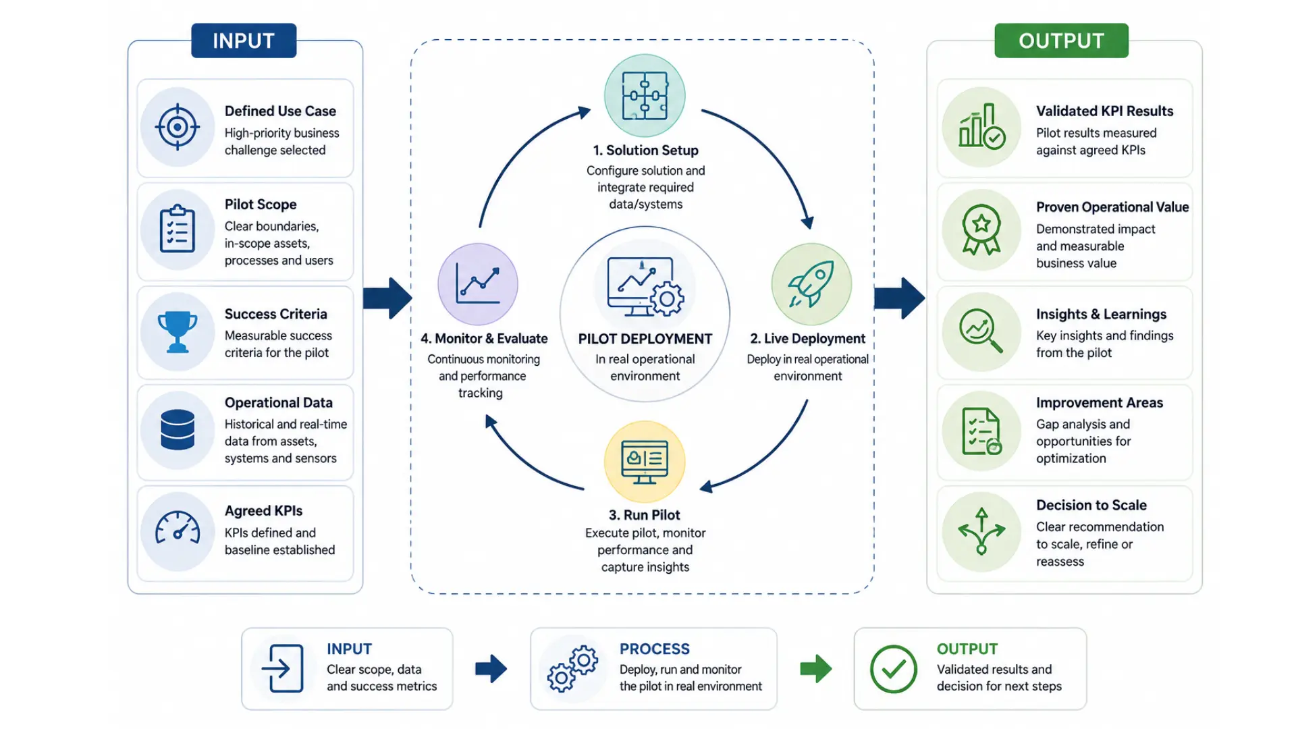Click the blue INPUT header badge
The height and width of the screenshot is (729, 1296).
[x=244, y=40]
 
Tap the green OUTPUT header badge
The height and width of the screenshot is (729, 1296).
[x=1061, y=40]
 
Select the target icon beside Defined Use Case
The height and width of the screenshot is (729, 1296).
[x=178, y=127]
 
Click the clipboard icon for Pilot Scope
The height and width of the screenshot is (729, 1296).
[x=178, y=229]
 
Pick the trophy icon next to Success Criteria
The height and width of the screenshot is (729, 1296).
[x=178, y=332]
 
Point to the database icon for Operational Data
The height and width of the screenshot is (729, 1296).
[x=178, y=430]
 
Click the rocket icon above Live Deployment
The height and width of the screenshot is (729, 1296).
[x=811, y=284]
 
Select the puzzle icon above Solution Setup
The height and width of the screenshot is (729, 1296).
[x=645, y=96]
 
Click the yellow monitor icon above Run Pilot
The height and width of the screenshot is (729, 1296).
[x=645, y=462]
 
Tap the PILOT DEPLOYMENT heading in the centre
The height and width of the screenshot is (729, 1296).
[x=645, y=339]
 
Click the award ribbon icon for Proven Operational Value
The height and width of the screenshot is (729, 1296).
[x=981, y=230]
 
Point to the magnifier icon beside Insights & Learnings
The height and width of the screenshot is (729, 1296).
[x=981, y=331]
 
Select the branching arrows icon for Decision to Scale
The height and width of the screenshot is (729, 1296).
[x=981, y=531]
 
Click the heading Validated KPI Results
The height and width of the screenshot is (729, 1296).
[x=1105, y=111]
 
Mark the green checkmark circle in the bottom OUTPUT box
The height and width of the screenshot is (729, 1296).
[x=894, y=669]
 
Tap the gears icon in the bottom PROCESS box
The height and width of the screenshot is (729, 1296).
[x=573, y=669]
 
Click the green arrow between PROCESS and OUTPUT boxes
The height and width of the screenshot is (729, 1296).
[x=816, y=669]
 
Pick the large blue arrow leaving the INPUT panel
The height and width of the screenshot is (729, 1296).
[x=387, y=298]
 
